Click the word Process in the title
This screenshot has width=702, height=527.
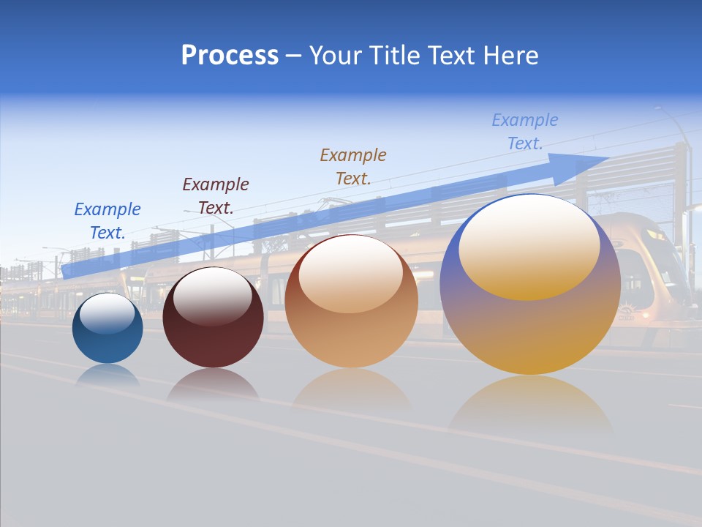tap(230, 56)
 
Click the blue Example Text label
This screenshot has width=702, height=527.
tap(107, 221)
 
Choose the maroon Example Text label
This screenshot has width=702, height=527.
tap(216, 196)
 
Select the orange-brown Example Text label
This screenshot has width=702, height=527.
tap(353, 166)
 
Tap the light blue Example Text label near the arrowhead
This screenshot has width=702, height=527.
tap(525, 132)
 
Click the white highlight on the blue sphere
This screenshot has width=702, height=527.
tap(107, 313)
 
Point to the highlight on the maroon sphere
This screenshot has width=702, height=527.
tap(213, 294)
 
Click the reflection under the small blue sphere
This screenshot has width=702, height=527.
tap(107, 375)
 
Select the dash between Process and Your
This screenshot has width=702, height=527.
tap(293, 56)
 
